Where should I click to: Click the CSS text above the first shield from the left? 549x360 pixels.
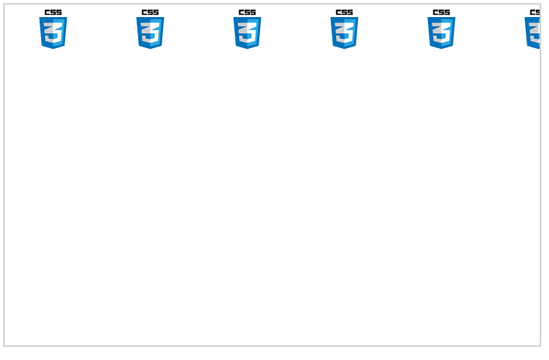click(x=53, y=12)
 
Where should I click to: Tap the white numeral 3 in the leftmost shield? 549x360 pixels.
click(x=53, y=32)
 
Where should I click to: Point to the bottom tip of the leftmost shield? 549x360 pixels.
click(x=53, y=49)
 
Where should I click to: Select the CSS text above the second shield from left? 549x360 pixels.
click(x=150, y=12)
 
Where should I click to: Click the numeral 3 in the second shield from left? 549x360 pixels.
click(x=150, y=32)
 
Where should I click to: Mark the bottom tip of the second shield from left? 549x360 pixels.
click(x=150, y=49)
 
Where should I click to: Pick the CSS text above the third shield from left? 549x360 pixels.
click(x=247, y=12)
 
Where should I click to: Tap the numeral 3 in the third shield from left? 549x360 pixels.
click(x=247, y=32)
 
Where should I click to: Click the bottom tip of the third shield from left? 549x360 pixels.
click(x=247, y=49)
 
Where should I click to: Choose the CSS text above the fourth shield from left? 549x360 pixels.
click(x=344, y=12)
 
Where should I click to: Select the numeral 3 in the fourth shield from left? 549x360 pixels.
click(x=344, y=32)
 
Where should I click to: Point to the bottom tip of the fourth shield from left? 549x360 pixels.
click(x=344, y=49)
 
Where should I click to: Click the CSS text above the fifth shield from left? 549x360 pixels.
click(x=441, y=12)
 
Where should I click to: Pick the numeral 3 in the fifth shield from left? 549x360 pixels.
click(x=441, y=32)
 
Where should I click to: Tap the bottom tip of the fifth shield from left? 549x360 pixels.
click(x=441, y=49)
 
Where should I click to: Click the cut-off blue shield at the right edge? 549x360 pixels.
click(x=533, y=33)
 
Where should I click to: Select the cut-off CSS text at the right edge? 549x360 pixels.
click(x=534, y=12)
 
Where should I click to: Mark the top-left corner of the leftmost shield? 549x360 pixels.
click(x=40, y=18)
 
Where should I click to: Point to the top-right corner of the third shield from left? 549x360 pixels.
click(x=261, y=18)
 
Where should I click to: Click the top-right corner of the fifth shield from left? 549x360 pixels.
click(x=455, y=18)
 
